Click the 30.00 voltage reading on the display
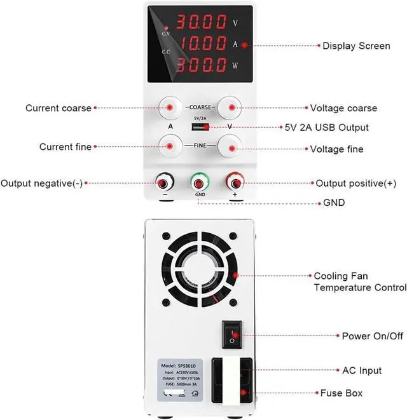201,22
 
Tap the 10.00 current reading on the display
201,44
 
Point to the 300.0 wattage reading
201,64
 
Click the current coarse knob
171,108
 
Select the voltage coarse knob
230,108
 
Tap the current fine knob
171,146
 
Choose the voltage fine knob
230,146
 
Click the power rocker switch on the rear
233,334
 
